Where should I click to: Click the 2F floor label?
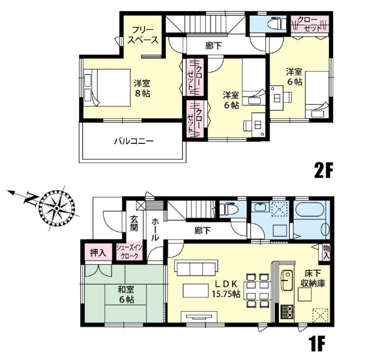point(323,170)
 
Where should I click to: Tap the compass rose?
point(57,208)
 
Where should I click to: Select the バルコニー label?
point(134,141)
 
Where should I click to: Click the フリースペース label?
point(143,35)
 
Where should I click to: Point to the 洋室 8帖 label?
point(142,88)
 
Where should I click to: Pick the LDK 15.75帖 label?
point(226,289)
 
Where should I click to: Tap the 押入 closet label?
point(98,253)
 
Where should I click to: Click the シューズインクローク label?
point(129,252)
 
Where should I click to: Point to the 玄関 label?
point(134,223)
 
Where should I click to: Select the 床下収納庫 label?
point(313,278)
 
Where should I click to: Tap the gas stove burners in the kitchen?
point(287,312)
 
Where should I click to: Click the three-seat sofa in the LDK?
point(196,268)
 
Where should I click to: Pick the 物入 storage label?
point(326,252)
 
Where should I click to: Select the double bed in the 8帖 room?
point(107,88)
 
